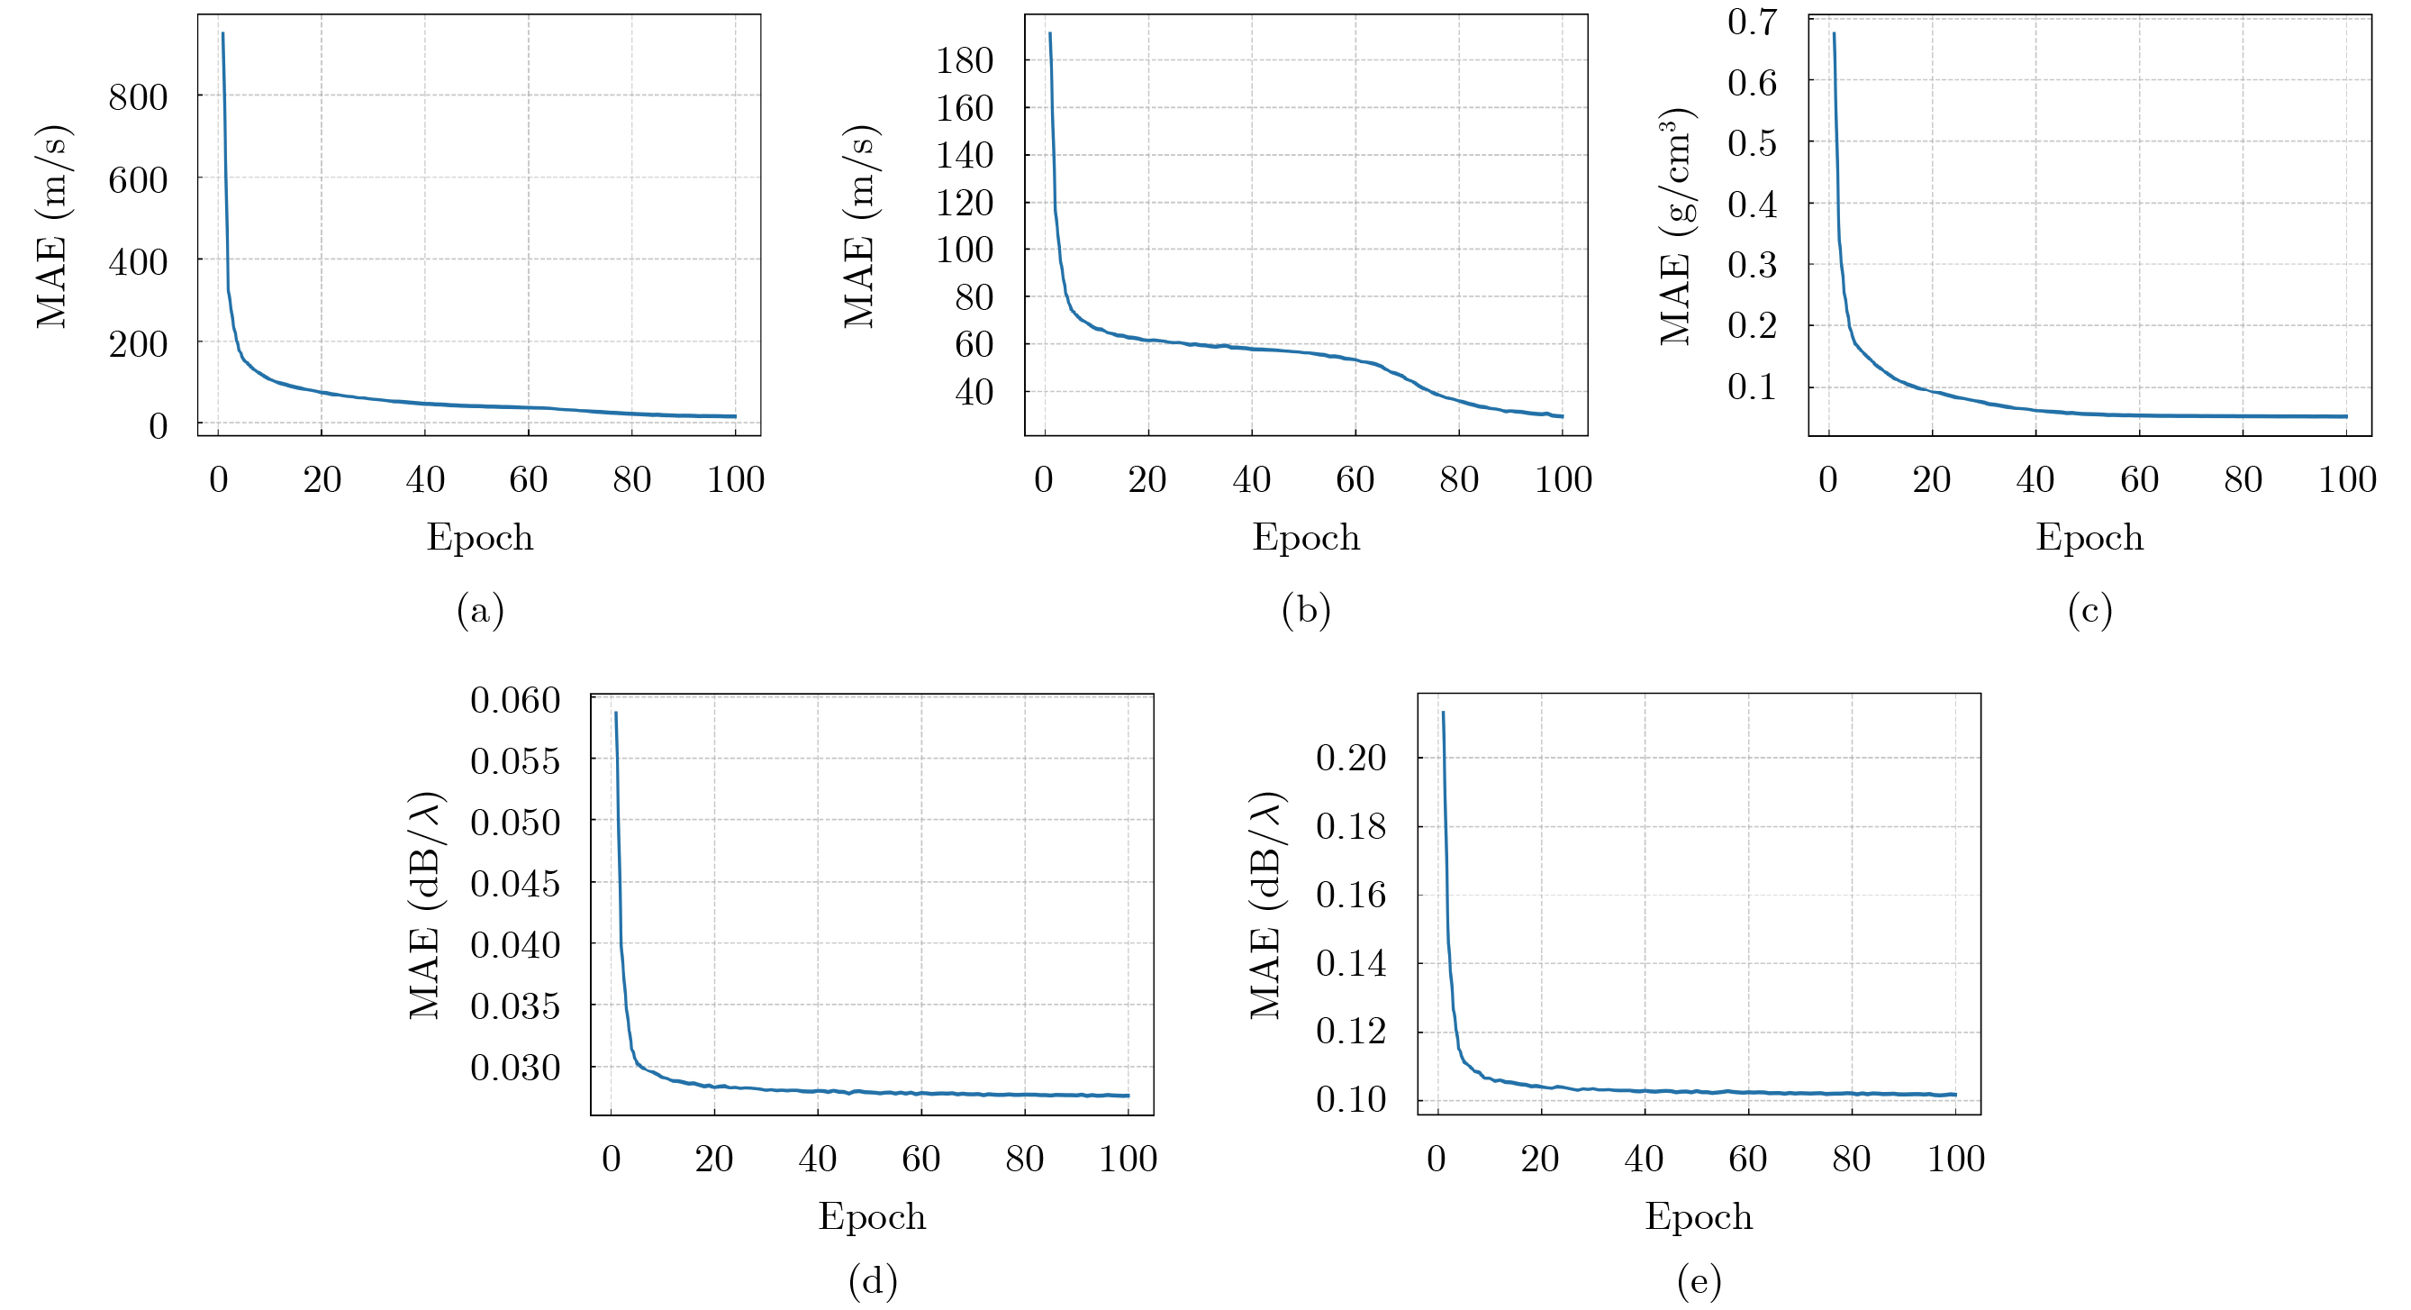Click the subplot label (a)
480,611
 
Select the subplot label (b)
1306,611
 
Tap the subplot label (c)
2089,611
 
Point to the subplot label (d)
873,1280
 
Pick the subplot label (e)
1699,1280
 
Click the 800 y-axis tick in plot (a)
139,97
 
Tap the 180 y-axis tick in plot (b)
964,62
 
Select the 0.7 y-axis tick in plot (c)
1752,22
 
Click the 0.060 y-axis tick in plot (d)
515,700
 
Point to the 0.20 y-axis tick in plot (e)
1351,758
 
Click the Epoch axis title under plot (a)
480,539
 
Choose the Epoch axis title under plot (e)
1699,1217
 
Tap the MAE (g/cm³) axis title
1676,227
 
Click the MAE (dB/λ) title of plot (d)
426,905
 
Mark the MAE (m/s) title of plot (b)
859,227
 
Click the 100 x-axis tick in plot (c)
2346,480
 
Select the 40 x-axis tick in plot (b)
1251,480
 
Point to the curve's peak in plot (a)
222,33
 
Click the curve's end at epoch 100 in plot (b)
1562,416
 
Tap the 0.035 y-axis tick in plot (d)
515,1006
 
